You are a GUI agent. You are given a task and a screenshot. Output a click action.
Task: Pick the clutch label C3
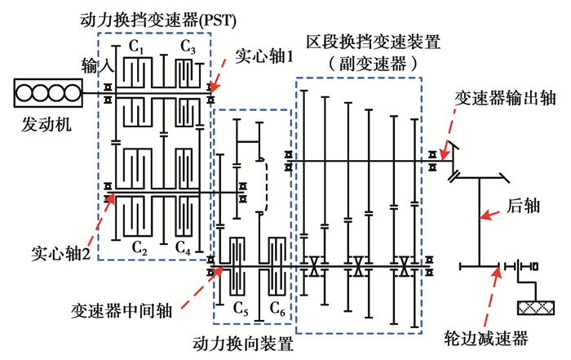tap(188, 47)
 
